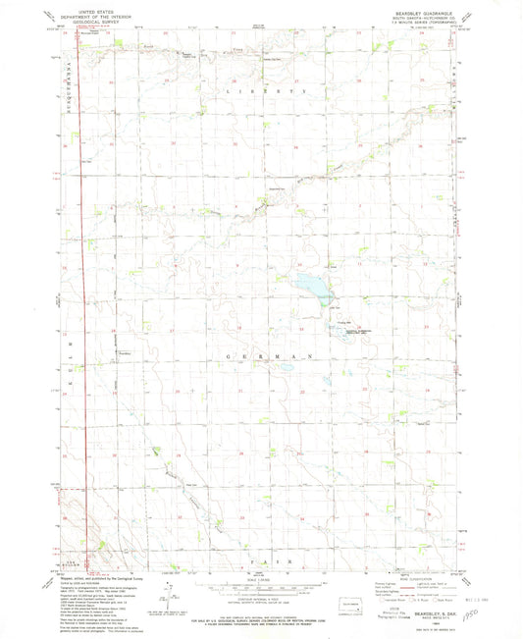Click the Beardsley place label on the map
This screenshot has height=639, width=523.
click(x=124, y=353)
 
